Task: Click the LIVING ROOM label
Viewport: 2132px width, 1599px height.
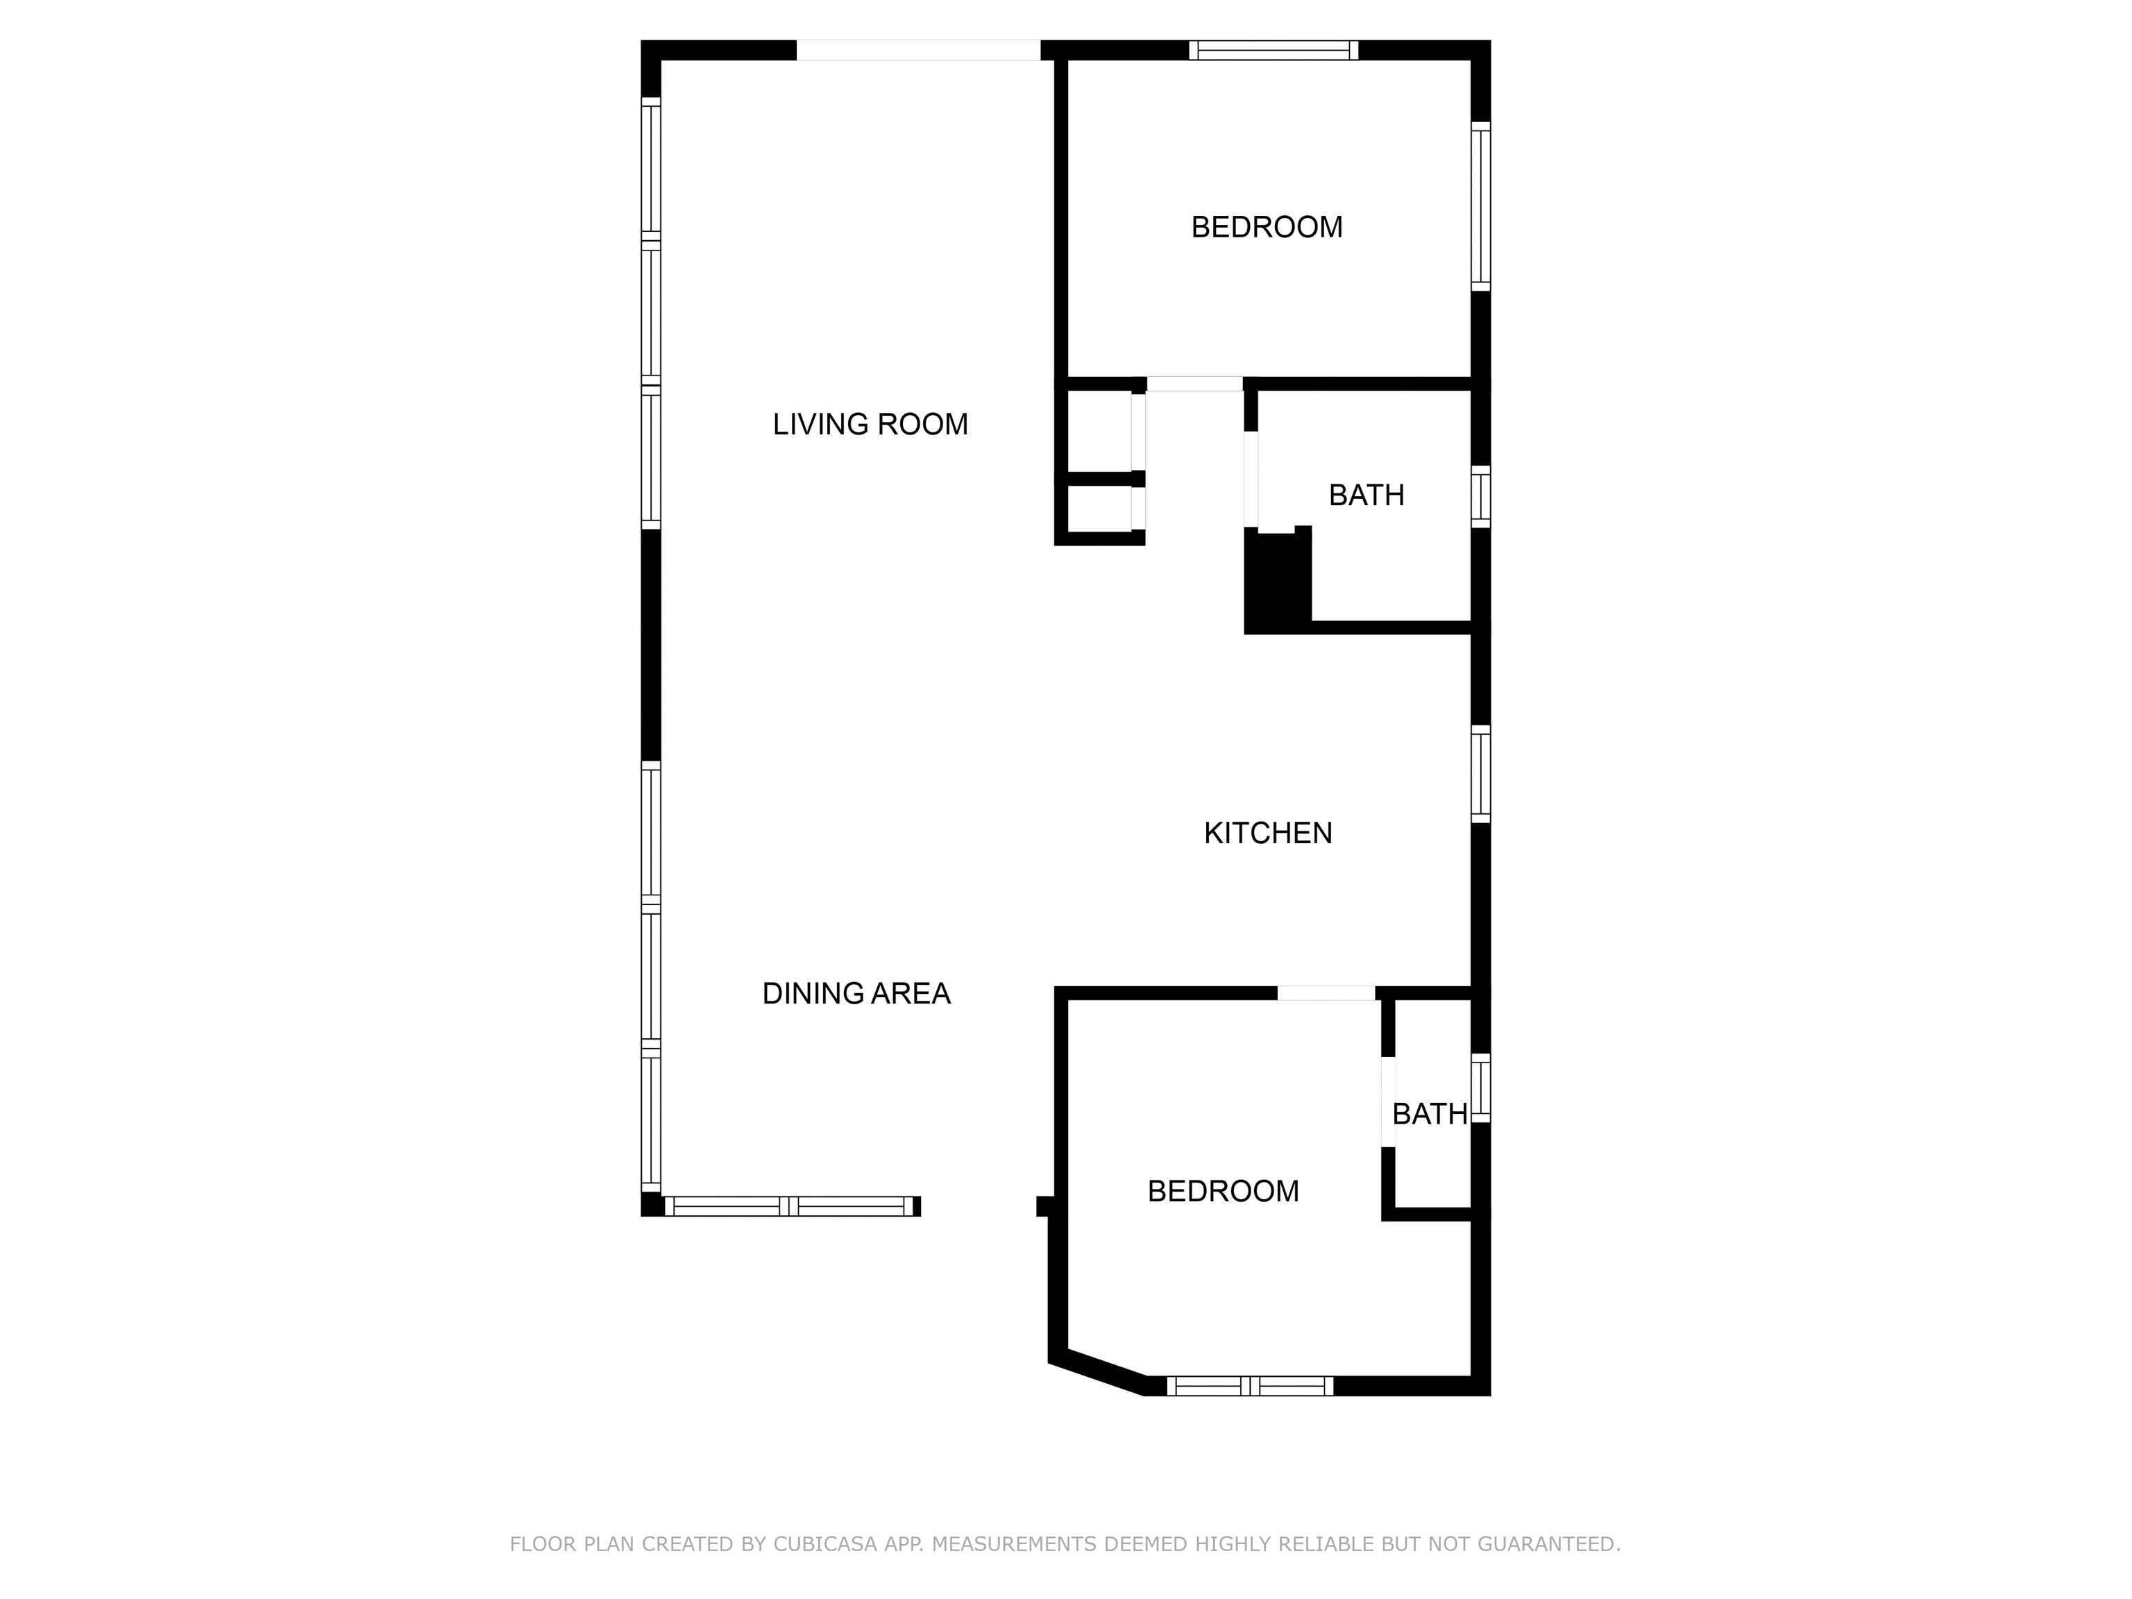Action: click(870, 424)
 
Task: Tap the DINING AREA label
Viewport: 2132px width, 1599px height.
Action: click(856, 994)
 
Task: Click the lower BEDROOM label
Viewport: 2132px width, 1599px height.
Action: click(1223, 1192)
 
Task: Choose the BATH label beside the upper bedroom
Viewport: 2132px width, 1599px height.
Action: click(1366, 496)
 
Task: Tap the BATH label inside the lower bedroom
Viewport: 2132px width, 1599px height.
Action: click(1430, 1114)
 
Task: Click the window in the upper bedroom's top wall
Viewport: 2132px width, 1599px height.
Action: click(1274, 50)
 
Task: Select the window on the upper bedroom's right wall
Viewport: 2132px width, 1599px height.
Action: click(1480, 206)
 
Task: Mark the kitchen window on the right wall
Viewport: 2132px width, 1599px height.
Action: click(1480, 774)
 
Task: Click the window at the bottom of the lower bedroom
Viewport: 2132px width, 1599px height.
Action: click(1250, 1386)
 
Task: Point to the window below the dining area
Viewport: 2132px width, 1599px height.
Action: click(788, 1205)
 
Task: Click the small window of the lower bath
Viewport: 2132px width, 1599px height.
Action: click(1480, 1088)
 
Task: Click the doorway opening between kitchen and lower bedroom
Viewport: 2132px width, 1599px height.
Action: click(1326, 994)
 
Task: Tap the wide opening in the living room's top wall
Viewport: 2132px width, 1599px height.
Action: click(919, 50)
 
